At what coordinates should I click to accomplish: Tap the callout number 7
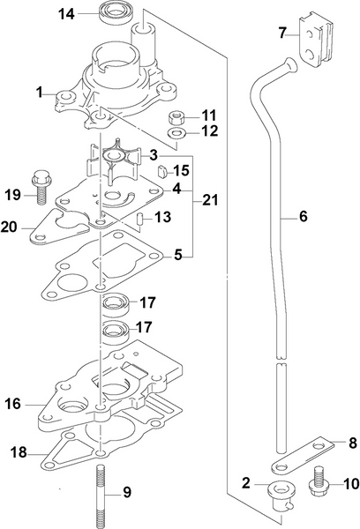click(282, 34)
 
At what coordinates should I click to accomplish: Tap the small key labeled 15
click(162, 169)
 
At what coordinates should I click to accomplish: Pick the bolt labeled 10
click(318, 484)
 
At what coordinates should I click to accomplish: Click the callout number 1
click(39, 91)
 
